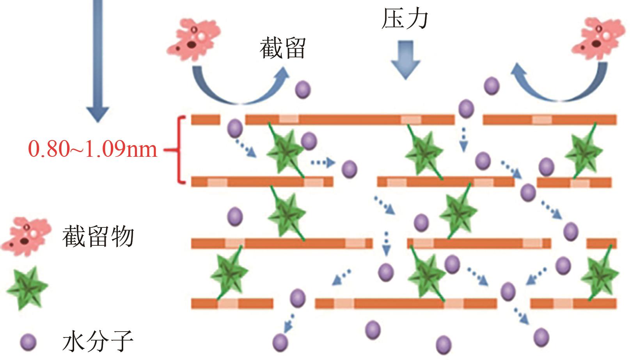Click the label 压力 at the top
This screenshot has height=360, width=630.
[405, 19]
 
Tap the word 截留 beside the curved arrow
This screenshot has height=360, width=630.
[282, 48]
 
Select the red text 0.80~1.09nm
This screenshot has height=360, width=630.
[93, 149]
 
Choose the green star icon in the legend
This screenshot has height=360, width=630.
[27, 287]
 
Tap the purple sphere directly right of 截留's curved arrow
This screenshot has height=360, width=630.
[303, 89]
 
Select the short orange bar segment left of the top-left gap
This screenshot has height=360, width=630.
[205, 119]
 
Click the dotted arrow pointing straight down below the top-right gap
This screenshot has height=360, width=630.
[463, 139]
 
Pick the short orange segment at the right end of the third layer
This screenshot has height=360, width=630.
[602, 244]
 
